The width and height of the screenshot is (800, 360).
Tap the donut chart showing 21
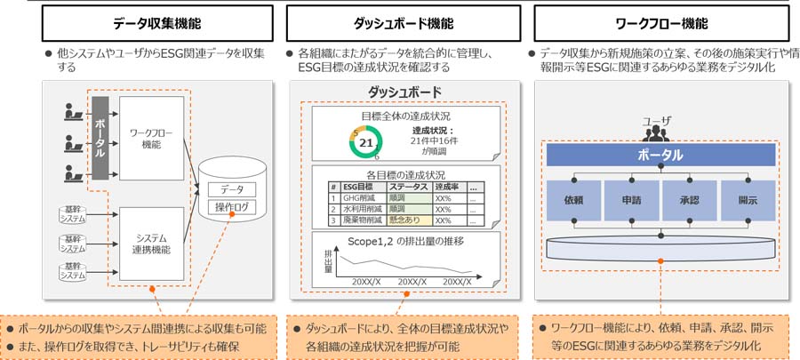(366, 140)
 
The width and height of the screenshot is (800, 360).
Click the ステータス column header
(408, 186)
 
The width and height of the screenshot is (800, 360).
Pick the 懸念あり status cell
(408, 220)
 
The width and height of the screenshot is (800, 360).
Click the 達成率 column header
(449, 186)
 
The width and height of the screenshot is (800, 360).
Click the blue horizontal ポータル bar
(660, 155)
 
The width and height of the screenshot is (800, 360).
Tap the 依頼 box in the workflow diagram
(572, 201)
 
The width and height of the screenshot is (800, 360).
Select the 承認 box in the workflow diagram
(689, 201)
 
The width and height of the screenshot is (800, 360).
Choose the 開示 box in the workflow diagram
(748, 201)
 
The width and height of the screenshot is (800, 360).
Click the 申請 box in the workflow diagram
(630, 201)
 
